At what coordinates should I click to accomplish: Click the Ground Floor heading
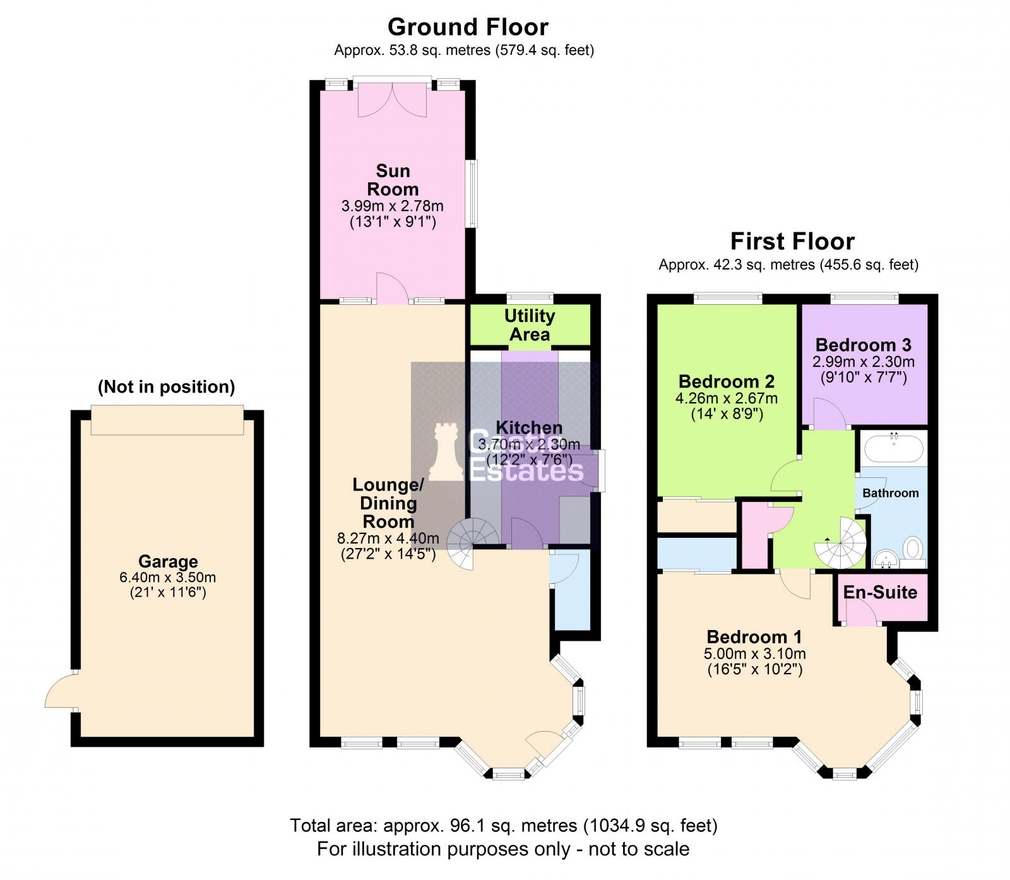point(468,27)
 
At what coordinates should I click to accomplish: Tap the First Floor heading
point(792,241)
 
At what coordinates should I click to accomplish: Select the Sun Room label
point(393,180)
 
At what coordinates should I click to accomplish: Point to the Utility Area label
point(530,324)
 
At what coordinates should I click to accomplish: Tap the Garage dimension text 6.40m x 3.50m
point(168,577)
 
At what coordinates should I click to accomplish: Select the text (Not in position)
point(166,386)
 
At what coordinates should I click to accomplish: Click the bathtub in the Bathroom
point(893,449)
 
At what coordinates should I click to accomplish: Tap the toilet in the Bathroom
point(913,549)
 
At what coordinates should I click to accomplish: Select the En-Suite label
point(880,592)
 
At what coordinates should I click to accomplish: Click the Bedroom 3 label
point(863,345)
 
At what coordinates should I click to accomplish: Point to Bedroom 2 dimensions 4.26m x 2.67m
point(726,398)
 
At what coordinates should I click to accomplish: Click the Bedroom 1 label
point(754,636)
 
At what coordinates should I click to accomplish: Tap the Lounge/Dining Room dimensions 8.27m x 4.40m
point(388,538)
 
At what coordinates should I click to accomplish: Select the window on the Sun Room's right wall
point(472,193)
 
